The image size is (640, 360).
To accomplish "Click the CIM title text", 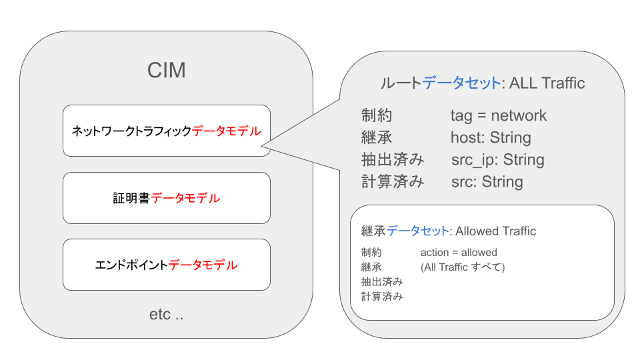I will [166, 70].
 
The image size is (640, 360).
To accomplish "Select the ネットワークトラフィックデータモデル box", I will [166, 131].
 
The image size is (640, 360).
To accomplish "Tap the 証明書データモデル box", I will [166, 198].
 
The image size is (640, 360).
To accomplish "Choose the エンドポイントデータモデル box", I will [166, 265].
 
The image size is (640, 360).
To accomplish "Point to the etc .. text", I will [166, 314].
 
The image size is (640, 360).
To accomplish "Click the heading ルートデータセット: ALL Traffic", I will [482, 83].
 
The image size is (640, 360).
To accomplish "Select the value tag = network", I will [498, 115].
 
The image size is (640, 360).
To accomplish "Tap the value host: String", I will [491, 138].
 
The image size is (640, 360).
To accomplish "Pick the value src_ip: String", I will [497, 160].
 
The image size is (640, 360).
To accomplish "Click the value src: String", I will [487, 182].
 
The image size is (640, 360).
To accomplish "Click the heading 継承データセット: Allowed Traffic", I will [448, 231].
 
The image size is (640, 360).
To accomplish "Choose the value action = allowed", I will [459, 253].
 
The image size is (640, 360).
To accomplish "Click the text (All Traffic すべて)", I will [463, 267].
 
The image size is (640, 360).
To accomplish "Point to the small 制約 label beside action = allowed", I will [371, 253].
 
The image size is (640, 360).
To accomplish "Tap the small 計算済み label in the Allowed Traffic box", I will [382, 297].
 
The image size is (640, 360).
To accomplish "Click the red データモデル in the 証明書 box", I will [185, 198].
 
